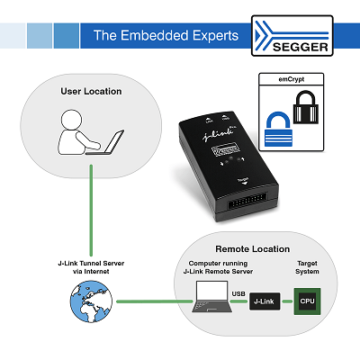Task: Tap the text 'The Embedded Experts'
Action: (166, 37)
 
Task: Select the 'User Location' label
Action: (91, 91)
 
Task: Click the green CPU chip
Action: (308, 299)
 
